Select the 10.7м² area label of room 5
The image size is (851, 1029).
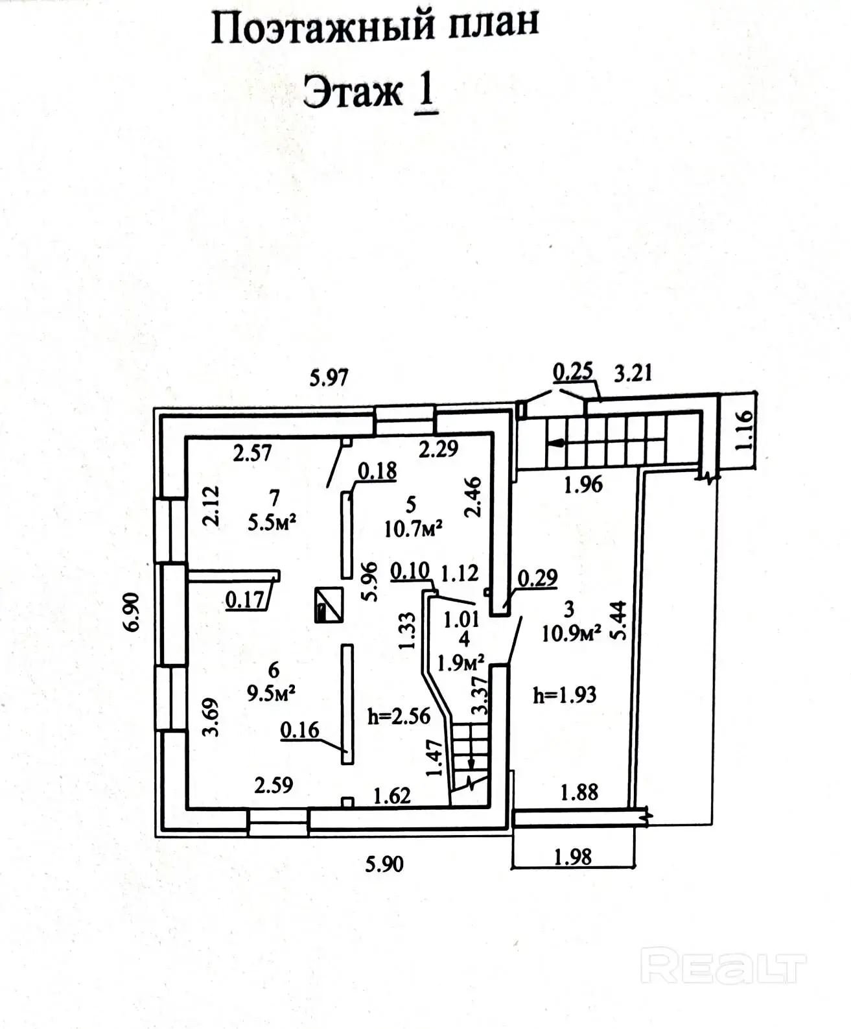413,528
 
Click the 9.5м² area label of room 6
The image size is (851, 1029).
272,694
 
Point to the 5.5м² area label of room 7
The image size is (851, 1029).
273,523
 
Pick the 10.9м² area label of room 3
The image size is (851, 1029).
571,632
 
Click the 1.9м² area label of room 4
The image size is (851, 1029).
461,663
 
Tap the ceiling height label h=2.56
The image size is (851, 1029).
399,716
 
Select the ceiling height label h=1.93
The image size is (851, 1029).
564,695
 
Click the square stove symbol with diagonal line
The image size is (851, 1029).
329,605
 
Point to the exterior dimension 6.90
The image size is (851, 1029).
132,611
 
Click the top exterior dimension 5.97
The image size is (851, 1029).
329,377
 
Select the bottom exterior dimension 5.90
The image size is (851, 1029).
384,864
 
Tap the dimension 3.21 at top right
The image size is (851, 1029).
633,373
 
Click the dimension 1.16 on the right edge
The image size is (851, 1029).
745,429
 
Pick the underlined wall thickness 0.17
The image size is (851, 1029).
246,600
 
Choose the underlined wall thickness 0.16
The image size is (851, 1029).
299,730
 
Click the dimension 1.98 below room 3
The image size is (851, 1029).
574,857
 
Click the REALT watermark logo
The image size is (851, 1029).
722,967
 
